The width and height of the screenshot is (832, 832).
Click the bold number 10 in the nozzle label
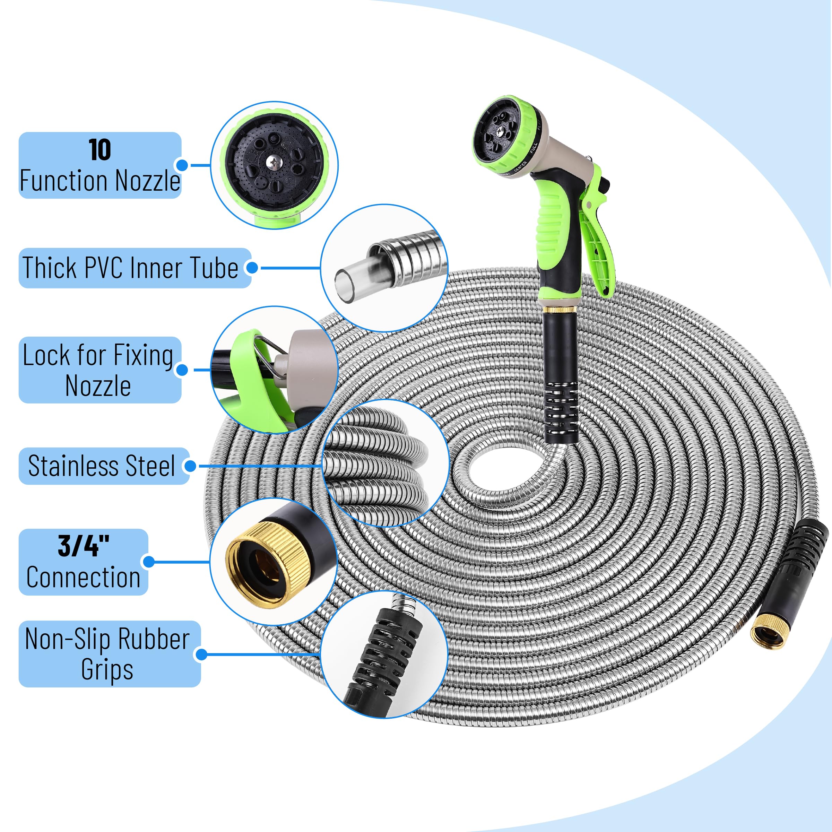(100, 150)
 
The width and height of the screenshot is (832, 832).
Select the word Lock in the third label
(46, 356)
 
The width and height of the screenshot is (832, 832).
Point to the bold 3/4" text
(84, 546)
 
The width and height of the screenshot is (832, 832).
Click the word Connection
(83, 577)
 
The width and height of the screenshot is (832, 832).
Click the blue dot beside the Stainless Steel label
(190, 466)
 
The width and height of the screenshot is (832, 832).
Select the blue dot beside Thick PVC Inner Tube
(252, 268)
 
